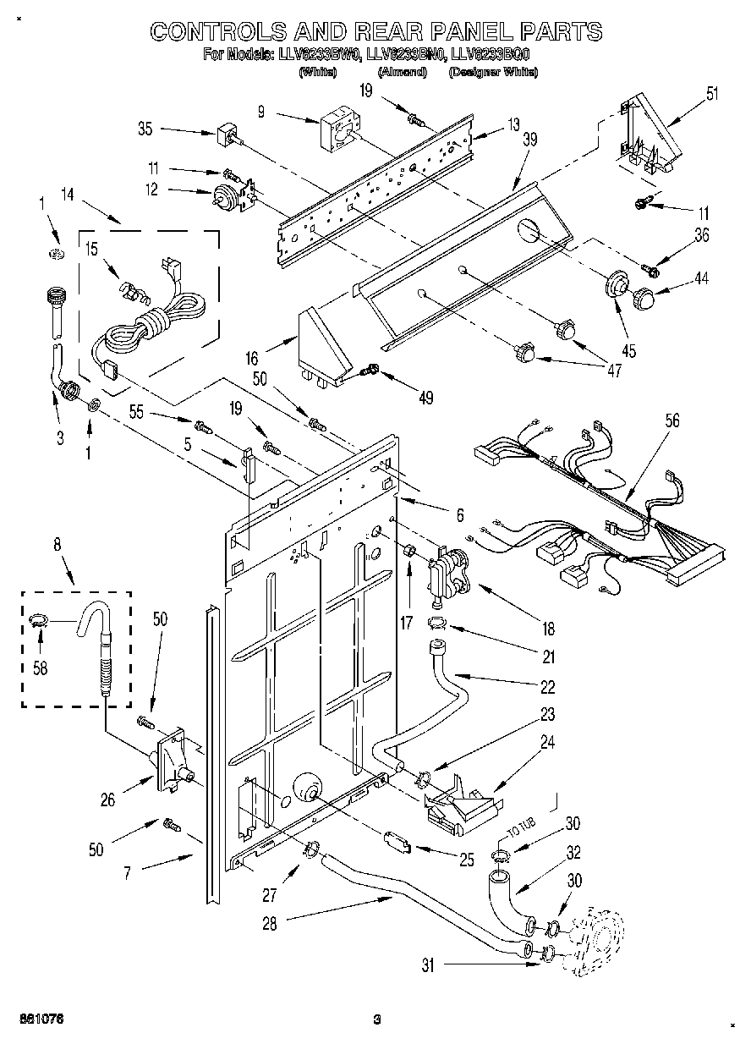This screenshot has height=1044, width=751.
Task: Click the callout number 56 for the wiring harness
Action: [x=672, y=420]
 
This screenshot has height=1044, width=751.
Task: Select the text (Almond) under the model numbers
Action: [x=402, y=73]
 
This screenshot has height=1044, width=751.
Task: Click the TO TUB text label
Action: [x=522, y=832]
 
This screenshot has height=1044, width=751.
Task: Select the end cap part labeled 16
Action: [x=324, y=346]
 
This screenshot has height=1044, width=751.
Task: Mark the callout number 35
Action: [x=145, y=129]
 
